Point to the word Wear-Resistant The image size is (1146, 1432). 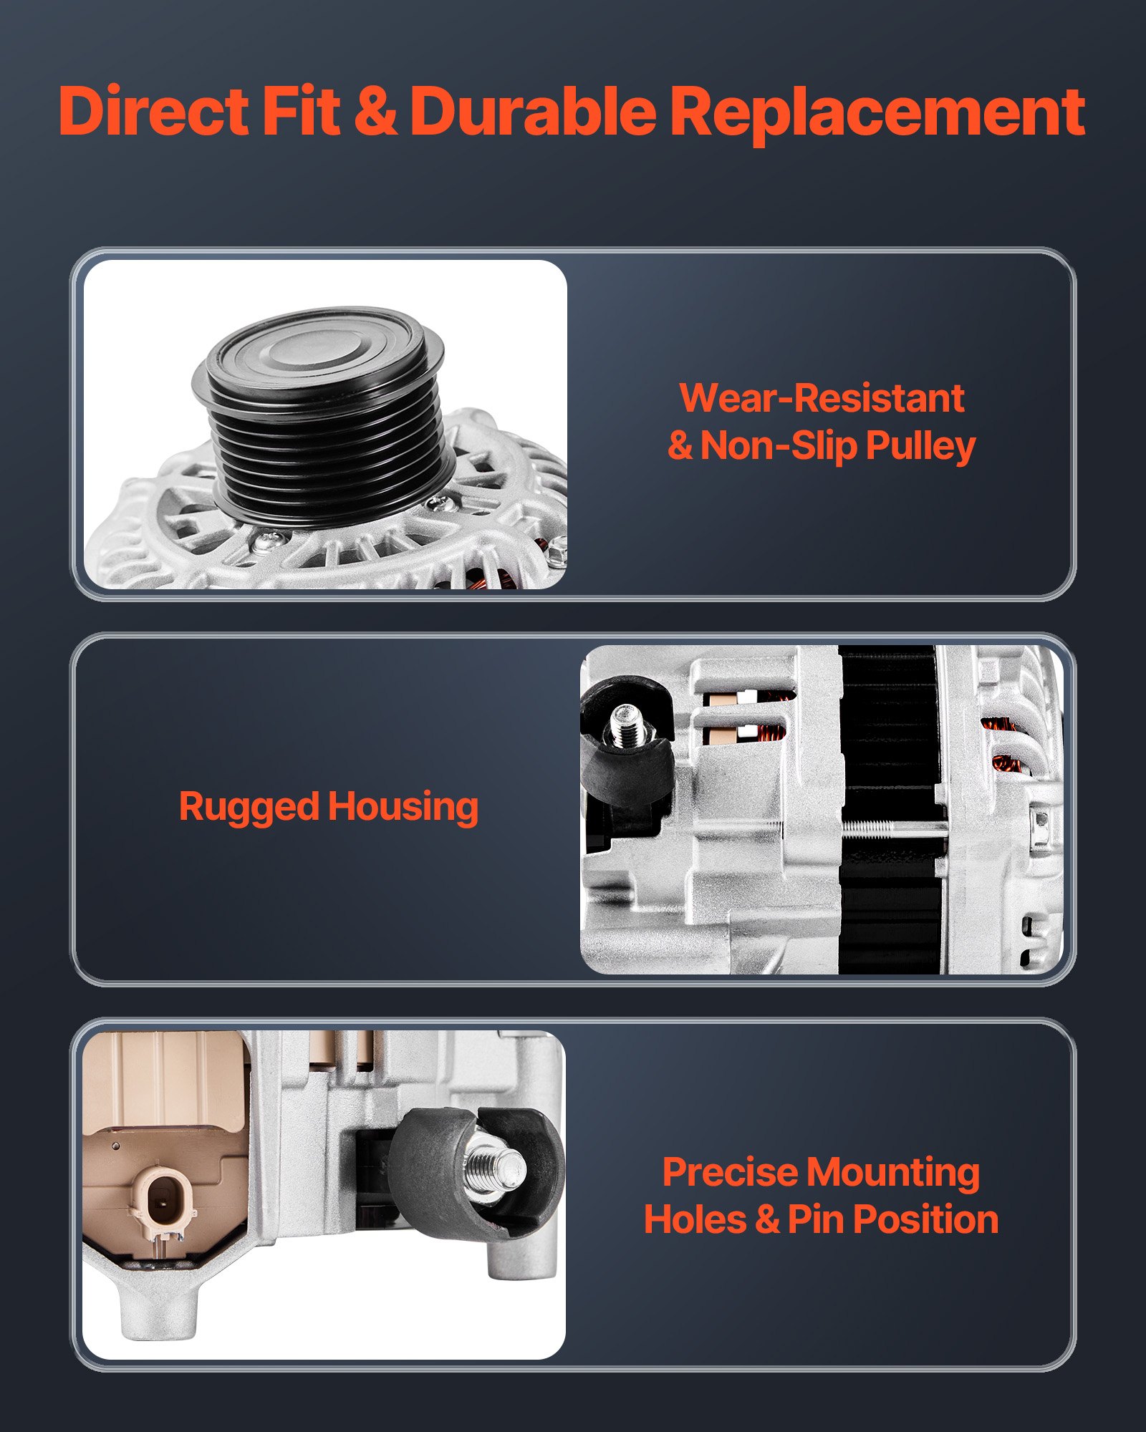(822, 398)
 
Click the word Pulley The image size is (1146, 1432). (920, 447)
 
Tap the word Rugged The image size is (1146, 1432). (249, 808)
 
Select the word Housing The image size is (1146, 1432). (403, 808)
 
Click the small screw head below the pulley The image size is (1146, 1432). (266, 538)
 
